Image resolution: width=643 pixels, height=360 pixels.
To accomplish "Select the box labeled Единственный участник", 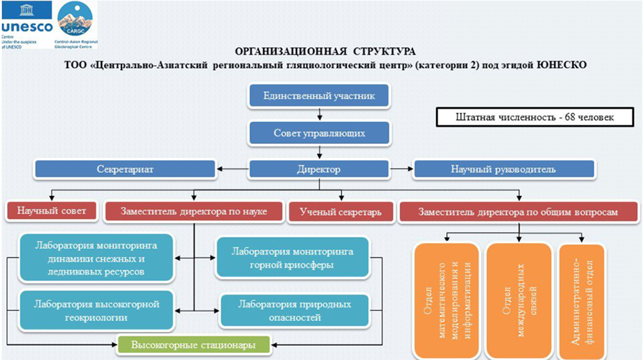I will pyautogui.click(x=319, y=97).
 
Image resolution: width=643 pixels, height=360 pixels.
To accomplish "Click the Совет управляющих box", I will pyautogui.click(x=319, y=134).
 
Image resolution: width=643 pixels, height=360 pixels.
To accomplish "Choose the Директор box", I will pyautogui.click(x=319, y=170).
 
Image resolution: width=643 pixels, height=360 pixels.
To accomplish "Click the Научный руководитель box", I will pyautogui.click(x=512, y=170).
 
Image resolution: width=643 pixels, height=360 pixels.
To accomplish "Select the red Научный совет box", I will pyautogui.click(x=51, y=211).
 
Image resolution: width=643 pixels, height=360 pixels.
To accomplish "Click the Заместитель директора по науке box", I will pyautogui.click(x=193, y=211).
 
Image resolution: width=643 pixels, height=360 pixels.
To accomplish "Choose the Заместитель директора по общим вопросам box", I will pyautogui.click(x=518, y=211).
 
